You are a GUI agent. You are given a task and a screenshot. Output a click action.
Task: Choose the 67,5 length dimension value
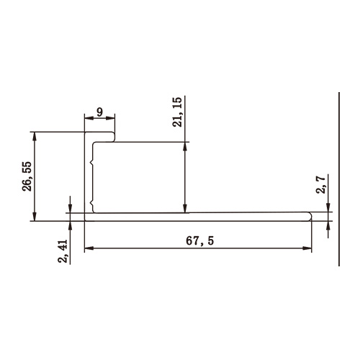(x=199, y=241)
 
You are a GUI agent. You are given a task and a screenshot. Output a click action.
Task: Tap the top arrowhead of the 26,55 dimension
(x=35, y=135)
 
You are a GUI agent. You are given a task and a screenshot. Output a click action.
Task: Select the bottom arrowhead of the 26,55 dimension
(x=35, y=217)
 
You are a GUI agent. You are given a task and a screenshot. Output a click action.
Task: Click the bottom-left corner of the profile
(x=85, y=220)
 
